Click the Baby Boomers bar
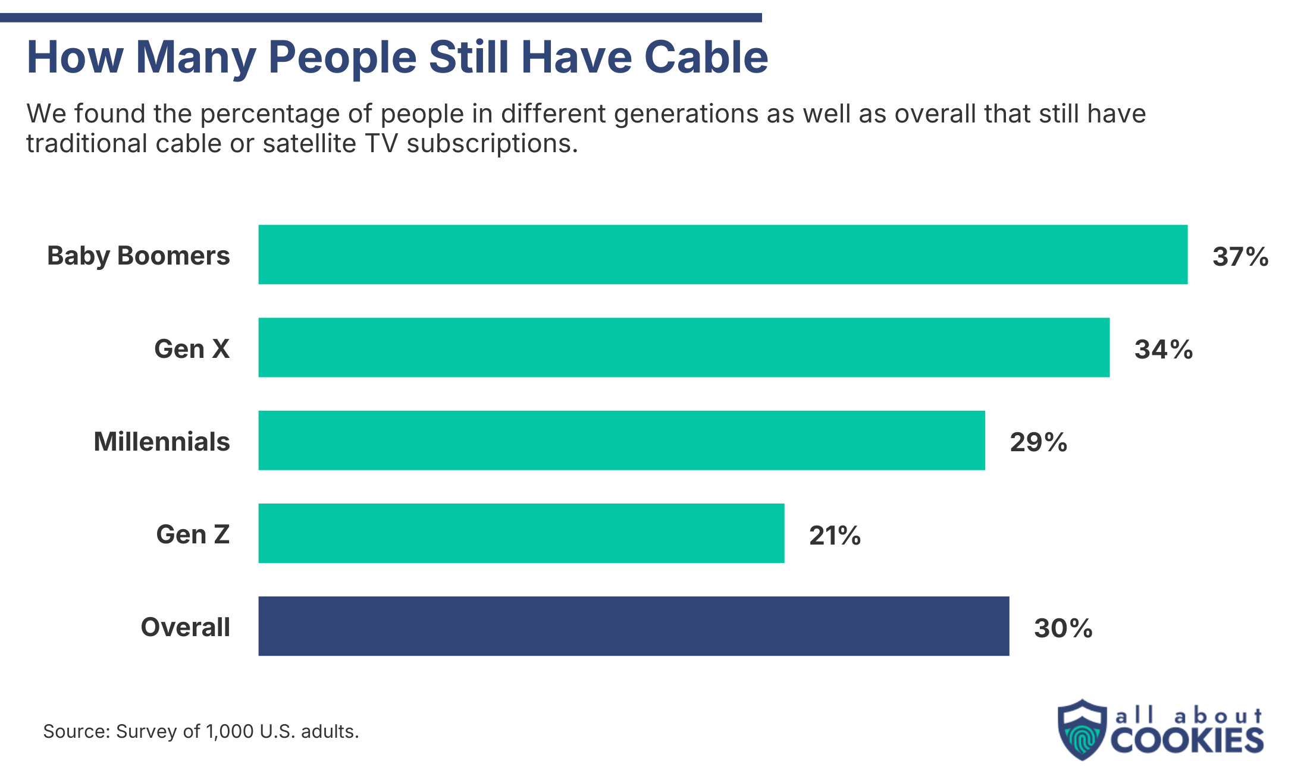[723, 254]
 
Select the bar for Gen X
[684, 347]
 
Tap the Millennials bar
[622, 441]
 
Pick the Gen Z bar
[521, 533]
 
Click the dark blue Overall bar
[634, 626]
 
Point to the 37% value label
[1240, 257]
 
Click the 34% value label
[1163, 350]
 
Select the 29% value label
[1038, 442]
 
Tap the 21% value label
[835, 536]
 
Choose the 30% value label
[1063, 628]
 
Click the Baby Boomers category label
[138, 256]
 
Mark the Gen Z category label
[193, 534]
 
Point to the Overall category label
[185, 627]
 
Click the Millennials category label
[161, 442]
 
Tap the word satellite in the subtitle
[309, 144]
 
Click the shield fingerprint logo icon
[1082, 730]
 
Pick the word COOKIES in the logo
[1187, 741]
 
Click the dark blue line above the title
[381, 18]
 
